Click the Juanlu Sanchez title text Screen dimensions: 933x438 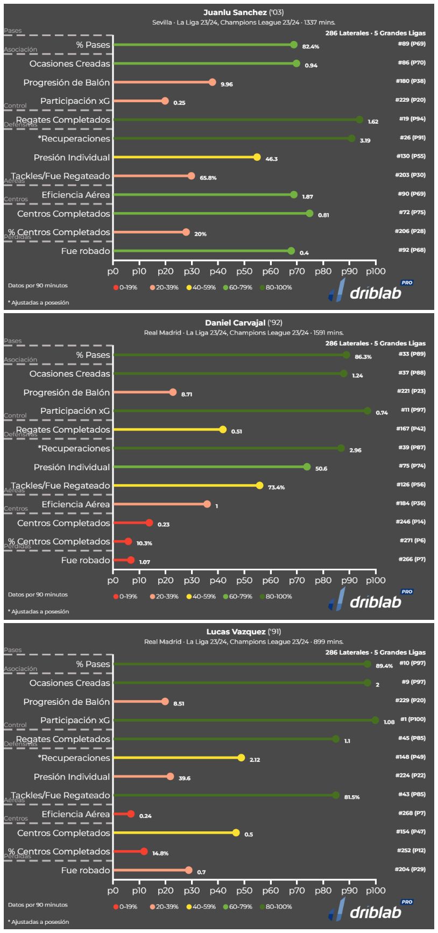click(243, 12)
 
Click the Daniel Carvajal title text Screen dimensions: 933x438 click(243, 323)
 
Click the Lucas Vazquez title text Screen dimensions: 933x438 click(243, 632)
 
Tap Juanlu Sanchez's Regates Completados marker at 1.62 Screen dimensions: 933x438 click(359, 120)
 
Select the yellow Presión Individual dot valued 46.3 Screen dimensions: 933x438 click(257, 158)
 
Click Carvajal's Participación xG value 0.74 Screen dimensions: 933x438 click(382, 413)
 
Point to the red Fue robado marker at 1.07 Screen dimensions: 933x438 click(131, 560)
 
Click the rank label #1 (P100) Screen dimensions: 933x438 click(412, 719)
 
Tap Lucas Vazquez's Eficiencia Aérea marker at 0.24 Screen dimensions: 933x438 click(131, 814)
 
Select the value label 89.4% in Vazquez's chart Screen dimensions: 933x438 click(384, 666)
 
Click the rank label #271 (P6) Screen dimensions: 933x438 click(412, 540)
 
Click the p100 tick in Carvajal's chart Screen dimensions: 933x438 click(375, 581)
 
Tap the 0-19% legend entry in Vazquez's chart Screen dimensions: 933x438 click(125, 907)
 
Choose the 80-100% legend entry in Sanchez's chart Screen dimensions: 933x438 click(275, 287)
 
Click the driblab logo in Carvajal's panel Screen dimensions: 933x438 click(366, 600)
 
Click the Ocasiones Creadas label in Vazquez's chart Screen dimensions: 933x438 click(69, 683)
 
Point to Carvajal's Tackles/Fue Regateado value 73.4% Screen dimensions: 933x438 click(276, 487)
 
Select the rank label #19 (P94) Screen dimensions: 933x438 click(412, 119)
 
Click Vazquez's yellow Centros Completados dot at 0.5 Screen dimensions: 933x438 click(236, 833)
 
